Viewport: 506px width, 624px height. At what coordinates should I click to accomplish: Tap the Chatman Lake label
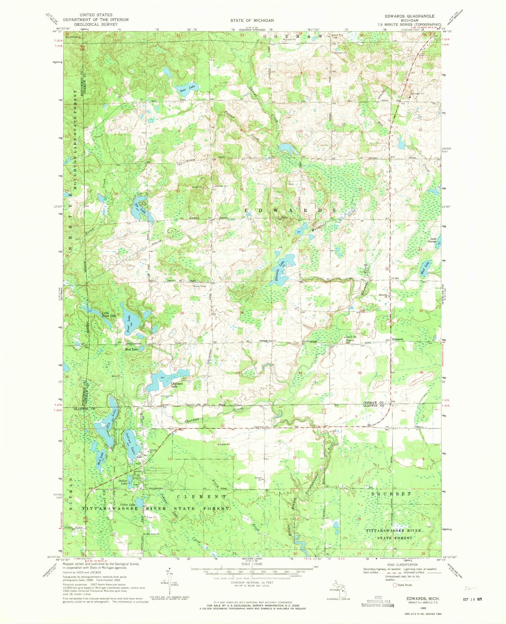pos(177,385)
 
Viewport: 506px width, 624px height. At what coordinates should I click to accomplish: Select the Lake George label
pos(433,240)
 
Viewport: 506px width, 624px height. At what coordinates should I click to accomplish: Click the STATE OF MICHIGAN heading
pos(252,20)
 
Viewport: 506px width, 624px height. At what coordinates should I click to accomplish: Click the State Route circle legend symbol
pos(395,585)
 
